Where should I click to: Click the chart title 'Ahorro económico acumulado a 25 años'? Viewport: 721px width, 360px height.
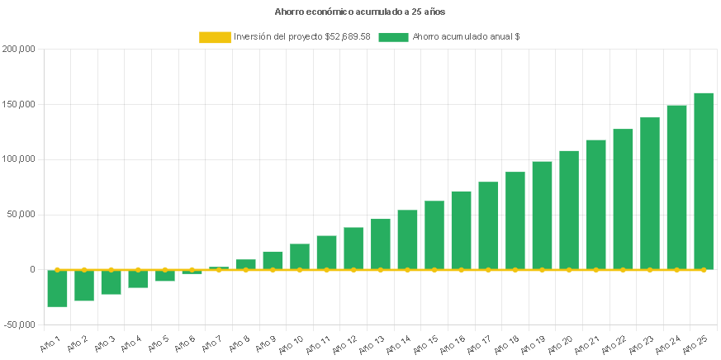(360, 12)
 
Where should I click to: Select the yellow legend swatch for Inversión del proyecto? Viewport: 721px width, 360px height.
(215, 37)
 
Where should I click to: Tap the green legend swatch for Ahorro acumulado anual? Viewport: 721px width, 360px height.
(394, 37)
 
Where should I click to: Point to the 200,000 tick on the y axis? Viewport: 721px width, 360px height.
(18, 50)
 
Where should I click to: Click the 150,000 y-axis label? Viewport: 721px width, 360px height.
(18, 105)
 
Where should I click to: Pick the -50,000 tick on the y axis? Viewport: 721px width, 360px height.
(18, 324)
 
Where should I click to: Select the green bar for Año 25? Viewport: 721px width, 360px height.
(704, 181)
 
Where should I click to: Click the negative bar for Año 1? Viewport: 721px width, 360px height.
(57, 288)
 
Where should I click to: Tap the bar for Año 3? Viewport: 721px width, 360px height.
(111, 282)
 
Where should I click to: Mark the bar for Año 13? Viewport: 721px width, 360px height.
(381, 244)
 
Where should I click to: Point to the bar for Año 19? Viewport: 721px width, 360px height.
(542, 216)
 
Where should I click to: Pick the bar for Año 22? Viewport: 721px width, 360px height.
(623, 199)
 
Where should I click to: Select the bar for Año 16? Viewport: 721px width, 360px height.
(461, 230)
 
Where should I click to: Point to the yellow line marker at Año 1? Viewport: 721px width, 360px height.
(57, 269)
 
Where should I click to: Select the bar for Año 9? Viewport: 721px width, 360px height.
(273, 260)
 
